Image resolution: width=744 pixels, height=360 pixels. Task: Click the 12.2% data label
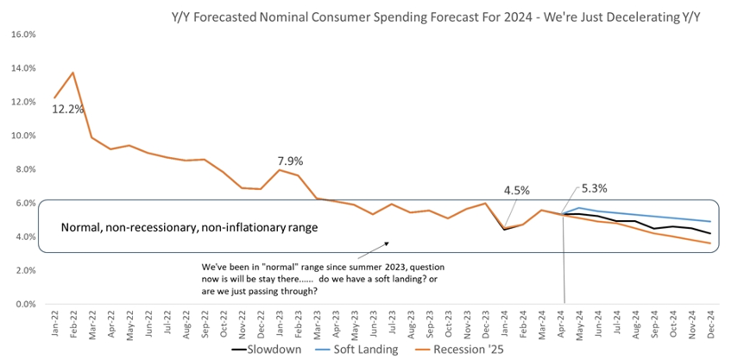pos(67,111)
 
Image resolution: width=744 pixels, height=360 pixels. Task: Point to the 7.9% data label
pos(291,161)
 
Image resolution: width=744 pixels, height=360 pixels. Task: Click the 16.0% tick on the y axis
pos(22,35)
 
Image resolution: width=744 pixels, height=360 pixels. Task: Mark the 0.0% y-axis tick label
pos(24,304)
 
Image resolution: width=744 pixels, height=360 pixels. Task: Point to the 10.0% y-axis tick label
pos(22,136)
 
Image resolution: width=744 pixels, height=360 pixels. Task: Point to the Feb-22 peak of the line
pos(73,73)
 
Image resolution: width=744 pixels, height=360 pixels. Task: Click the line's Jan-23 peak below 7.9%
pos(280,170)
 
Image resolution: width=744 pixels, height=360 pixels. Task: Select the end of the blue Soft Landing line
pos(709,222)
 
